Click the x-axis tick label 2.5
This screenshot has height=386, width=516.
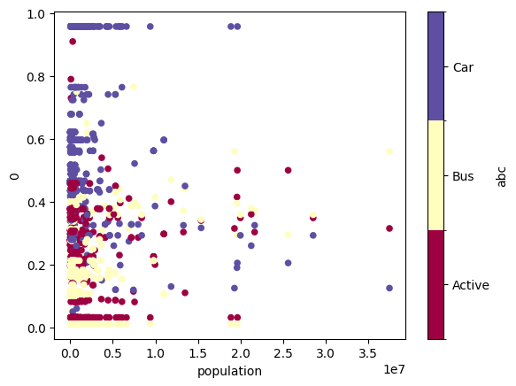283,354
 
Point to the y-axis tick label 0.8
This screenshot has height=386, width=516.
36,77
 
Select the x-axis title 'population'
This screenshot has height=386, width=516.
229,372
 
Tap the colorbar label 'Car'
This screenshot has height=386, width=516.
463,67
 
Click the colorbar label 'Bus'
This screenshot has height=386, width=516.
463,176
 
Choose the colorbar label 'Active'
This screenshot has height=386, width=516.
471,285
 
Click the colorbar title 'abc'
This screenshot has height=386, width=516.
501,177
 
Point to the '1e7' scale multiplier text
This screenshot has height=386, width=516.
394,369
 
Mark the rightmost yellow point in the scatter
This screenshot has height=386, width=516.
389,151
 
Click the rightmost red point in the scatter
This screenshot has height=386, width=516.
389,228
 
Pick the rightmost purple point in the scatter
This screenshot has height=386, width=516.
389,288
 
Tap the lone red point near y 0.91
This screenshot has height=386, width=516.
73,42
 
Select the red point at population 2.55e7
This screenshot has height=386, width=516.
288,170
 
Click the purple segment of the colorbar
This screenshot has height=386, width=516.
435,66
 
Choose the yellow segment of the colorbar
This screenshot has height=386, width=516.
435,175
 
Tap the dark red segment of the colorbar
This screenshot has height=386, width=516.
435,285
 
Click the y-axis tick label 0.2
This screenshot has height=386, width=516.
36,266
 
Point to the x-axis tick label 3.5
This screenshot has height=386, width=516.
367,354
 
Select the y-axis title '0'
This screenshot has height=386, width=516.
14,177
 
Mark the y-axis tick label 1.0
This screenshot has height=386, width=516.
36,14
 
